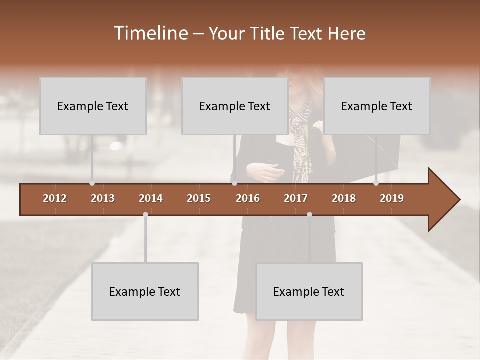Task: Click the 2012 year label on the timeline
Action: [x=55, y=198]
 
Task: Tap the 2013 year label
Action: [x=103, y=198]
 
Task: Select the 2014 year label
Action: [x=151, y=198]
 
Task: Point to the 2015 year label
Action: [x=199, y=198]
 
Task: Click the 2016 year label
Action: [x=248, y=198]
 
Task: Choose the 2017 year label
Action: [x=296, y=198]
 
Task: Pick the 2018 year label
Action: [x=344, y=198]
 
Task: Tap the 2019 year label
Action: [x=392, y=198]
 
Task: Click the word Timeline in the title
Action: [x=150, y=33]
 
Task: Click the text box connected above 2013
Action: [x=93, y=106]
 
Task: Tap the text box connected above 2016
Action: [x=235, y=106]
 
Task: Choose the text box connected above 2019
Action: [x=377, y=106]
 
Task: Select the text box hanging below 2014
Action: [x=145, y=291]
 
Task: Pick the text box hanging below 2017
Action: [x=309, y=291]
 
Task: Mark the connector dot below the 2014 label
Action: [x=145, y=214]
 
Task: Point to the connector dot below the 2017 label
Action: [x=309, y=214]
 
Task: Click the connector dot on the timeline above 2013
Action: [x=92, y=183]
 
